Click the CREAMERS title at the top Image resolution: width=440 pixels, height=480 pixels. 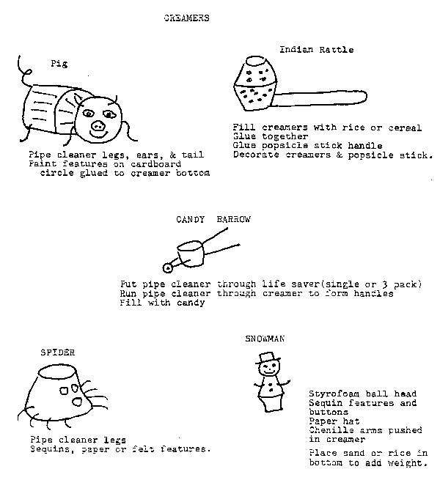(x=186, y=18)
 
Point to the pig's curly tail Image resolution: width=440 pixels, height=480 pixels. (x=26, y=70)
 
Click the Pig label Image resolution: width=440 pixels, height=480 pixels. (x=59, y=64)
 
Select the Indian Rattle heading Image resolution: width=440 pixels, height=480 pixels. (x=317, y=50)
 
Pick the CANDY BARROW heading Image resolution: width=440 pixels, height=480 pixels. (x=213, y=219)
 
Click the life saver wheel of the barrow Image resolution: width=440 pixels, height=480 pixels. (x=168, y=268)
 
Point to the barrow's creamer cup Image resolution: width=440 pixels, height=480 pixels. (x=191, y=254)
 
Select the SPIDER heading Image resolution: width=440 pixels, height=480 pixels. (x=58, y=352)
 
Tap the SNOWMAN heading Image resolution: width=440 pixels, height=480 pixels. (x=265, y=339)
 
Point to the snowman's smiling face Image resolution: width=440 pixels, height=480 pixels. (x=268, y=369)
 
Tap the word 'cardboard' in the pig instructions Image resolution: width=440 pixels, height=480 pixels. (x=155, y=164)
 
